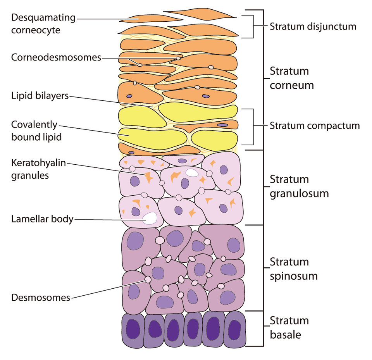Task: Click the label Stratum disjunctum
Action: tap(313, 27)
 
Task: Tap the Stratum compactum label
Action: tap(315, 126)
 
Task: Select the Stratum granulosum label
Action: tap(299, 187)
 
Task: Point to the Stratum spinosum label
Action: tap(294, 269)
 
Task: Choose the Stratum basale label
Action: tap(289, 328)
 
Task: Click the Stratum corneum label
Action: tap(291, 78)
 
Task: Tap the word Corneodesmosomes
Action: tap(56, 57)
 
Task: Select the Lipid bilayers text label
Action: tap(40, 96)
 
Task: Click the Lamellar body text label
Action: tap(42, 219)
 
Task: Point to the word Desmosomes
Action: tap(41, 298)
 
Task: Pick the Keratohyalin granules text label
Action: tap(38, 169)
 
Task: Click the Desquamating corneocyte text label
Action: tap(43, 24)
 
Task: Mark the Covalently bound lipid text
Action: tap(36, 131)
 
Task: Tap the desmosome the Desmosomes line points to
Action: tap(148, 279)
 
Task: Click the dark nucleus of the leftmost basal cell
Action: tap(133, 329)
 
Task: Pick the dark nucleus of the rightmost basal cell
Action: tap(234, 330)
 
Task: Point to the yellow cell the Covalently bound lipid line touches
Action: tap(152, 139)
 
